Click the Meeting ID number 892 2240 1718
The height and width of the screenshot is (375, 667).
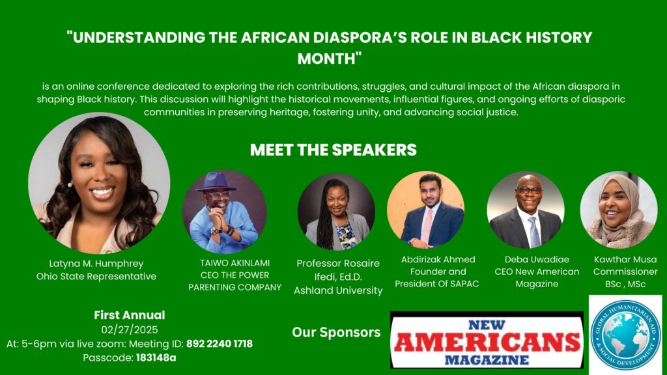pos(220,344)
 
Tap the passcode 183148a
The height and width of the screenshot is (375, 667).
pos(156,358)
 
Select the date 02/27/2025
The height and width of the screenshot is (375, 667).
pos(130,330)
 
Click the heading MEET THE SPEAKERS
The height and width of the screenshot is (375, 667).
pos(333,150)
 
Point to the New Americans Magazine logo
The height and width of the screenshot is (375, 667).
pos(487,340)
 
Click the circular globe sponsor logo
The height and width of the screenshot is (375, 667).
pos(626,335)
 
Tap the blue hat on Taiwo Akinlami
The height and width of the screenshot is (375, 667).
pos(216,182)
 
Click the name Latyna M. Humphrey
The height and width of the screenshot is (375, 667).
pos(96,264)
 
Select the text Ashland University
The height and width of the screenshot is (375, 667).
pos(338,290)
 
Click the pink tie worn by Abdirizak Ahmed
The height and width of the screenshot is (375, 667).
pos(427,226)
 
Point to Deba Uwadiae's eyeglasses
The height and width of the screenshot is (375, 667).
pos(528,191)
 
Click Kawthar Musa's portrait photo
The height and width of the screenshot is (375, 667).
pos(619,210)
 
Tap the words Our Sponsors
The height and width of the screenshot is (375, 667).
pos(336,333)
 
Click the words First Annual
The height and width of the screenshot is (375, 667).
pos(130,315)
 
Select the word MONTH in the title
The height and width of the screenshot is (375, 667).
pos(326,58)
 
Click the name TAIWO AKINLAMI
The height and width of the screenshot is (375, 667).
pos(234,263)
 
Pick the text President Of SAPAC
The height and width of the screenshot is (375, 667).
pos(437,284)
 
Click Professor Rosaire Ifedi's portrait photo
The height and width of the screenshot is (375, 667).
pos(337,212)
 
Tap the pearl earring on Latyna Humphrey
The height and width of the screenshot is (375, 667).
pos(70,185)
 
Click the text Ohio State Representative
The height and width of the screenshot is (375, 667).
pos(96,276)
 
